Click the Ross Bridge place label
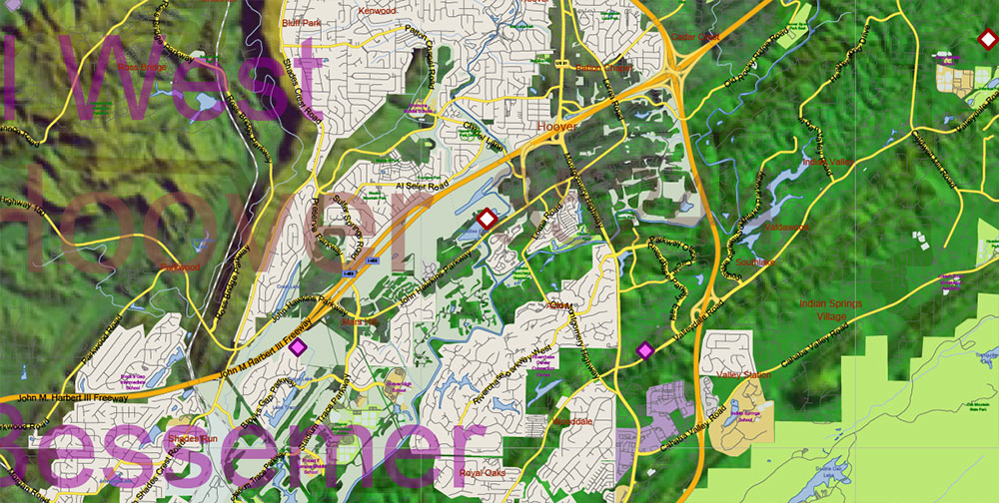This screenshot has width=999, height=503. [141, 68]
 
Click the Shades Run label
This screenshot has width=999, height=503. [193, 439]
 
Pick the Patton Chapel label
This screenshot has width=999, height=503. [603, 69]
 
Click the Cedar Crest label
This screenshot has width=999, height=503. [695, 37]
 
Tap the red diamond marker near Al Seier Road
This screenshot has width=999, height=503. [487, 219]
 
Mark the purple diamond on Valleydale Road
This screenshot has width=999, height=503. [644, 349]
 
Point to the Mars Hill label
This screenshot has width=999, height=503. [361, 321]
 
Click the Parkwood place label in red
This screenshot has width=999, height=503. [180, 267]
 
